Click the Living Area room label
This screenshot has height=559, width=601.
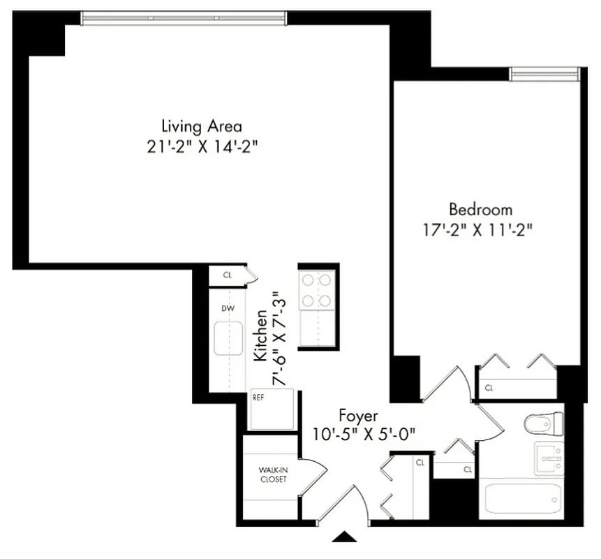point(201,126)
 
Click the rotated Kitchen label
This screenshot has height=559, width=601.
point(260,337)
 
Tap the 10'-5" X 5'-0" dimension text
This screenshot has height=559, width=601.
point(364,433)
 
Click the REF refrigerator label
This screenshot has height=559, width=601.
point(258,396)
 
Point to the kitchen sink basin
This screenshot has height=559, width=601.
point(227,337)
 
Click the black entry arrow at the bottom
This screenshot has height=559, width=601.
point(343,537)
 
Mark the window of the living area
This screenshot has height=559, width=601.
point(184,18)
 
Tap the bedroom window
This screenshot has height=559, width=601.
point(544,74)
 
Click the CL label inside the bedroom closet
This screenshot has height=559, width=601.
point(489,386)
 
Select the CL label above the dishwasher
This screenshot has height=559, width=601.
point(227,275)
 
